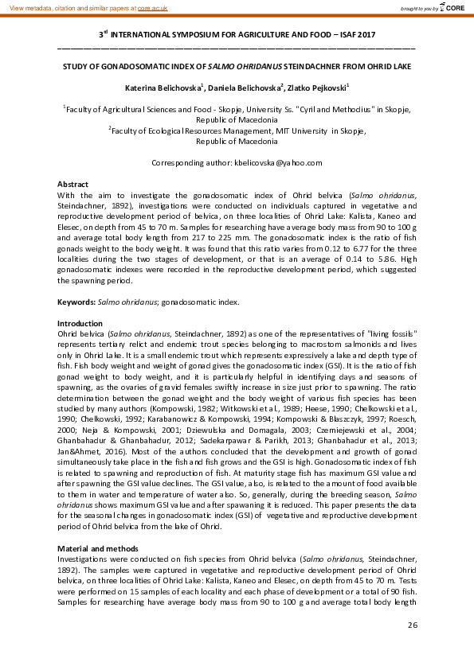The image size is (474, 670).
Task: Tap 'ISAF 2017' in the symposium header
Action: pyautogui.click(x=351, y=35)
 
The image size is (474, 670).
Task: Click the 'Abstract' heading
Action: pyautogui.click(x=73, y=184)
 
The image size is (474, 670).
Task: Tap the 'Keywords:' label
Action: pyautogui.click(x=76, y=302)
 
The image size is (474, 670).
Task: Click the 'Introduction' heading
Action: pyautogui.click(x=80, y=323)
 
